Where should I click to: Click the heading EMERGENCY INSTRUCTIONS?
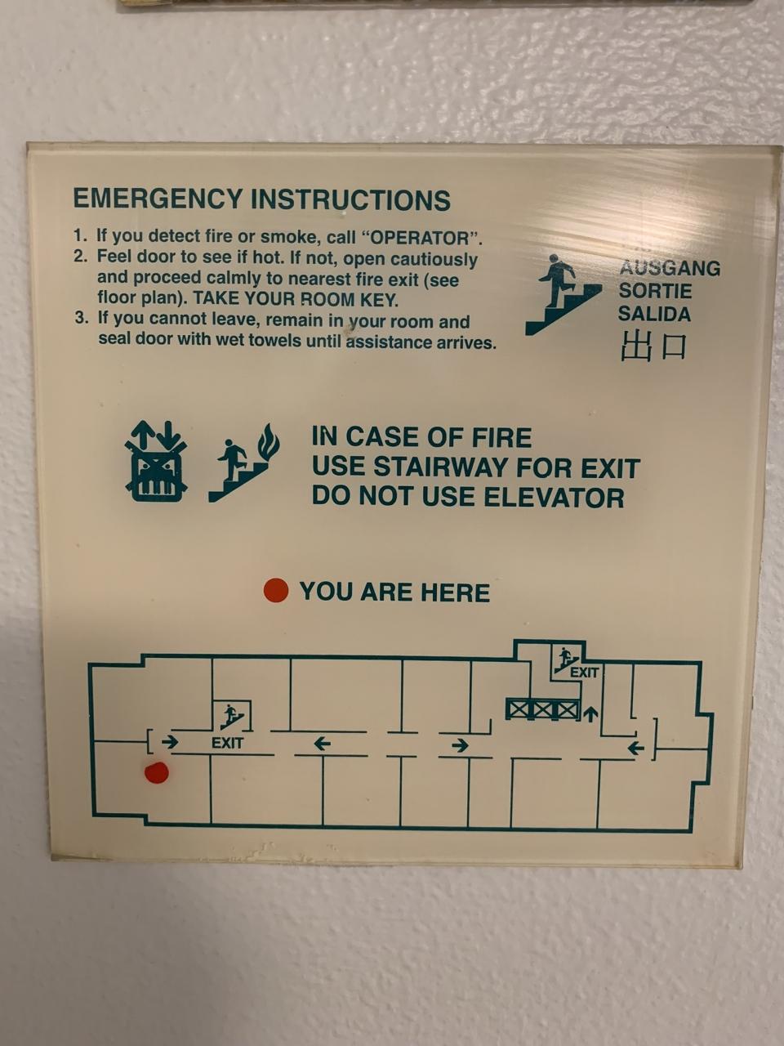coord(261,199)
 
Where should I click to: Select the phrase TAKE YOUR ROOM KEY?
coord(296,299)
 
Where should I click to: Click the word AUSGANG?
coord(670,268)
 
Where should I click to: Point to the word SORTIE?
coord(655,291)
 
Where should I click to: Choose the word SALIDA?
coord(654,314)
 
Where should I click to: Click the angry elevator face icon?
coord(156,461)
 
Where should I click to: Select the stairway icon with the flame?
coord(243,463)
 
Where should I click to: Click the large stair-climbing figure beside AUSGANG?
coord(563,294)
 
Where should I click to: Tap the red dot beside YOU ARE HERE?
coord(276,591)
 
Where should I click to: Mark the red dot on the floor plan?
coord(157,772)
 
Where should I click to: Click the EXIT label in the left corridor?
coord(227,743)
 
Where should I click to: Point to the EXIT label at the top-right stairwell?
coord(584,673)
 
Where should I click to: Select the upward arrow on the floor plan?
coord(590,713)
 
